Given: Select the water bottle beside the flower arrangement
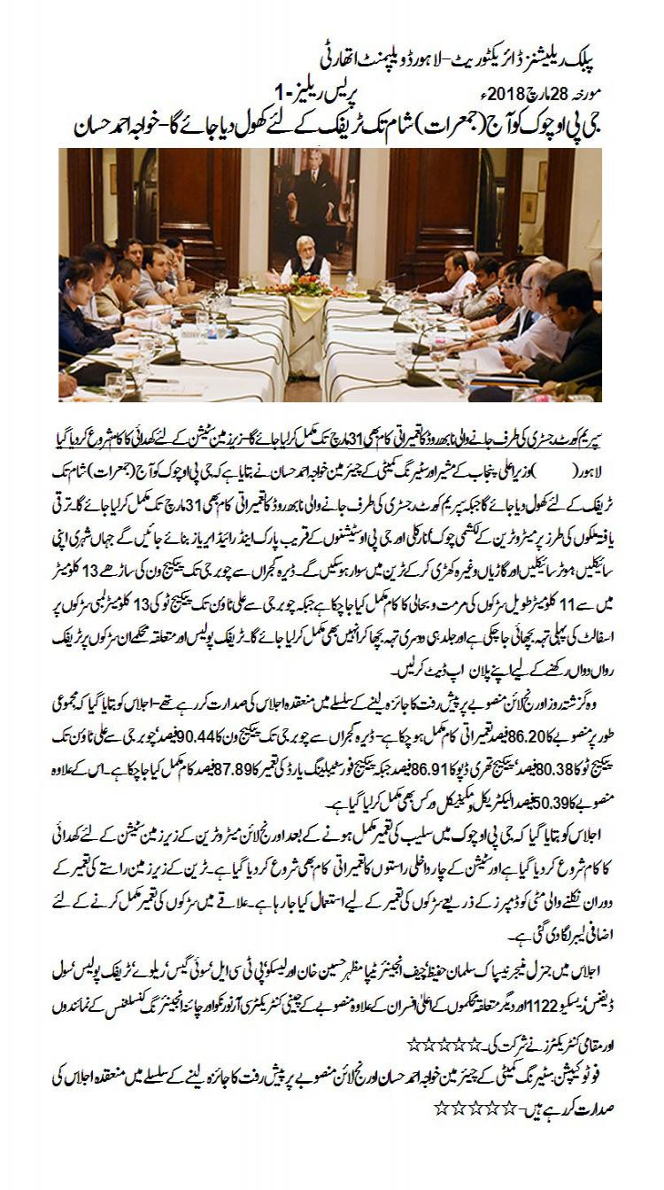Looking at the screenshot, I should click(x=351, y=281).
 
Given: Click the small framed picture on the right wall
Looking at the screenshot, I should click(x=529, y=206).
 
